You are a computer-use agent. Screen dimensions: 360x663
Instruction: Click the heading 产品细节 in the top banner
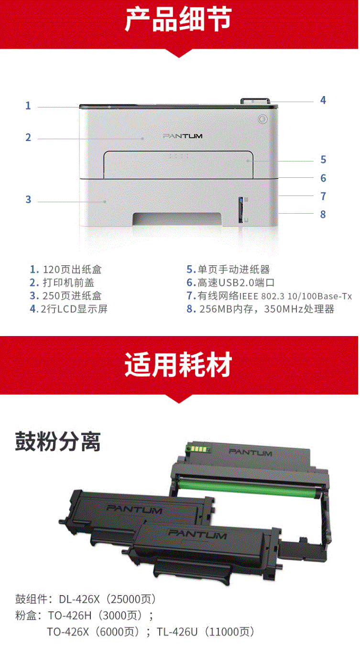[x=178, y=20]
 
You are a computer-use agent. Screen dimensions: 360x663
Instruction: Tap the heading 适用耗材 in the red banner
[x=178, y=364]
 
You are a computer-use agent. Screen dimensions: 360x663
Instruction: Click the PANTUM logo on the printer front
[x=183, y=136]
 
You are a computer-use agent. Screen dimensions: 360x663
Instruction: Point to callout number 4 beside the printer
[x=323, y=100]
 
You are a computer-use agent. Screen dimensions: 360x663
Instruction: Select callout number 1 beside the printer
[x=28, y=106]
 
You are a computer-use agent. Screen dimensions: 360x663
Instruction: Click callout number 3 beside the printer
[x=28, y=199]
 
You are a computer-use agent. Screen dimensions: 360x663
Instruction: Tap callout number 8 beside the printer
[x=323, y=214]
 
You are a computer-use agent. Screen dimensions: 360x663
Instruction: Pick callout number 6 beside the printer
[x=323, y=178]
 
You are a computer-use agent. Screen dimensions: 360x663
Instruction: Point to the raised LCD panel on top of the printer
[x=255, y=101]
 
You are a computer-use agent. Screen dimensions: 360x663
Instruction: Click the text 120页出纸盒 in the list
[x=72, y=270]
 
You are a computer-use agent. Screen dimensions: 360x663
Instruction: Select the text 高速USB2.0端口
[x=236, y=283]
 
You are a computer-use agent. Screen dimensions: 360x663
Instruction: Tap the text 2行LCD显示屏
[x=74, y=309]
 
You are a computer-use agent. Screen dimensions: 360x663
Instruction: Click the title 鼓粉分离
[x=58, y=442]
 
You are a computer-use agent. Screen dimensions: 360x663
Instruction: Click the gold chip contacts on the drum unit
[x=198, y=449]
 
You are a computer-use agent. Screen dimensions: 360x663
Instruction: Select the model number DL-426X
[x=79, y=599]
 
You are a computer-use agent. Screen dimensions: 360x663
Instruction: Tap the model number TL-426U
[x=177, y=632]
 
